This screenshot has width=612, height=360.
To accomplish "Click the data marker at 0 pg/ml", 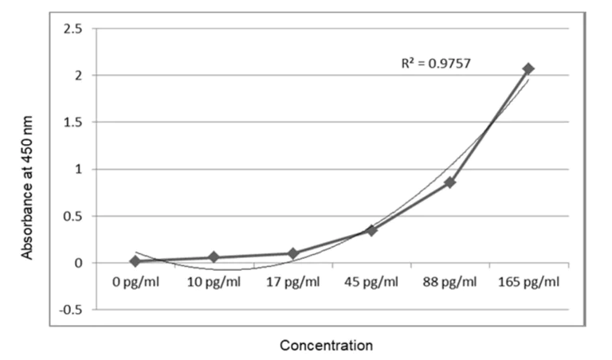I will click(x=135, y=260).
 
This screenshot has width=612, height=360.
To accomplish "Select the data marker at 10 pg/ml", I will click(x=214, y=256).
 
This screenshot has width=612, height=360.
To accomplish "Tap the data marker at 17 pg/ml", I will click(x=292, y=253).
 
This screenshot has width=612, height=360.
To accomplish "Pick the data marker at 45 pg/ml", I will click(x=371, y=230).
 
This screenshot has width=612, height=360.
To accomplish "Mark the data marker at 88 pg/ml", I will click(x=450, y=182).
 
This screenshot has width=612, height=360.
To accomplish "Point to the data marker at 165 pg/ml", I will click(x=528, y=68).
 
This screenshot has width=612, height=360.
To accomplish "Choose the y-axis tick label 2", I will click(x=78, y=76).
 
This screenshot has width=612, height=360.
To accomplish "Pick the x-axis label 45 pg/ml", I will click(x=371, y=283).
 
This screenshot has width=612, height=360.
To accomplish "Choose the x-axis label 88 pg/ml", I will click(x=450, y=283).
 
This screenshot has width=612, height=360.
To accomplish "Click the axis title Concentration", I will click(x=326, y=346).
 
